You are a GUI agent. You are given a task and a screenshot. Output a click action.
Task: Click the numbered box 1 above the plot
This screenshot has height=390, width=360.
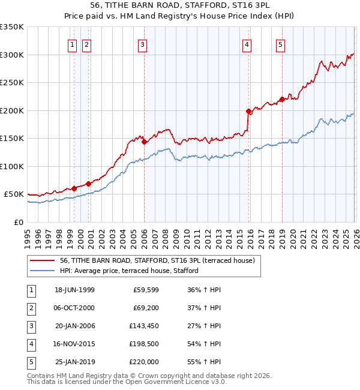[73, 44]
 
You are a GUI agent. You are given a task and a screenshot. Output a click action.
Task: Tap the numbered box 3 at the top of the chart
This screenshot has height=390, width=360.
[142, 44]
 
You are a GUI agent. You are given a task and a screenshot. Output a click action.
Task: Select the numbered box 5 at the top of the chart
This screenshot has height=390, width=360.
[281, 44]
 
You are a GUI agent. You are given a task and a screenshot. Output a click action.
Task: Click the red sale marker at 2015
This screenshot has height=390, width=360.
[248, 111]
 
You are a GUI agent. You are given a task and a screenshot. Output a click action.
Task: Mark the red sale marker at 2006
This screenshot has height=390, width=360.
[144, 142]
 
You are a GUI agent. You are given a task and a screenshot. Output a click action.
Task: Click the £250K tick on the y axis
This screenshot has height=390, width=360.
[12, 83]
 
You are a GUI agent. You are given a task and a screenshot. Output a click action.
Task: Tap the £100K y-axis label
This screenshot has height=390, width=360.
[12, 167]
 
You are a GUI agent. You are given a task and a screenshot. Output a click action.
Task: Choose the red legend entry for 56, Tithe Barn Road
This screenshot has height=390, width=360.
[158, 260]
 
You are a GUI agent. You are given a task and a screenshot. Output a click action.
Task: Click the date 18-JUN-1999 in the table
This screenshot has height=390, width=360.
[74, 290]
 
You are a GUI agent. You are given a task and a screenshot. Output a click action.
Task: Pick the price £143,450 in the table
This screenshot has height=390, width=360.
[144, 326]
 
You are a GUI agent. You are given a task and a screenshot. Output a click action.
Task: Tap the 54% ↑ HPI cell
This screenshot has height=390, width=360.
[204, 344]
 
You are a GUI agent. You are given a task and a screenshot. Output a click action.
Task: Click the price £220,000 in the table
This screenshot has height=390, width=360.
[144, 362]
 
